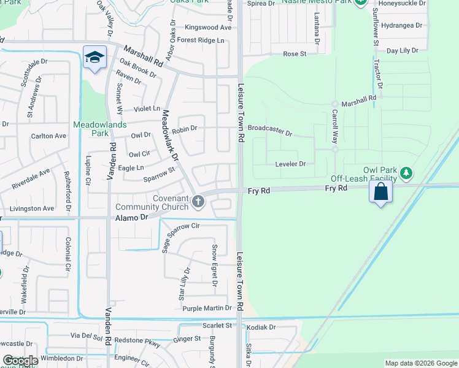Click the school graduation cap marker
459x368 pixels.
click(x=94, y=57)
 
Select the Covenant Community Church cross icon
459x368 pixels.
click(x=198, y=201)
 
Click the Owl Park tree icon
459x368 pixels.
click(x=406, y=173)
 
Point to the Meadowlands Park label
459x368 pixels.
click(x=99, y=128)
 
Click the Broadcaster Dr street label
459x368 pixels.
click(x=270, y=130)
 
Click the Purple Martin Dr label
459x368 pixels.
click(x=207, y=308)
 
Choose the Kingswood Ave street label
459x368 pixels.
click(x=208, y=28)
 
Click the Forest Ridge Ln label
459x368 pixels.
click(x=201, y=40)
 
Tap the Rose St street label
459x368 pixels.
click(x=295, y=54)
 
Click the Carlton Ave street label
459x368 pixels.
click(x=48, y=136)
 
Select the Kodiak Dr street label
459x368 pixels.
click(x=261, y=328)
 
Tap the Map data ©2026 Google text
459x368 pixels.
click(x=420, y=363)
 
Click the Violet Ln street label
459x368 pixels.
click(x=148, y=108)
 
